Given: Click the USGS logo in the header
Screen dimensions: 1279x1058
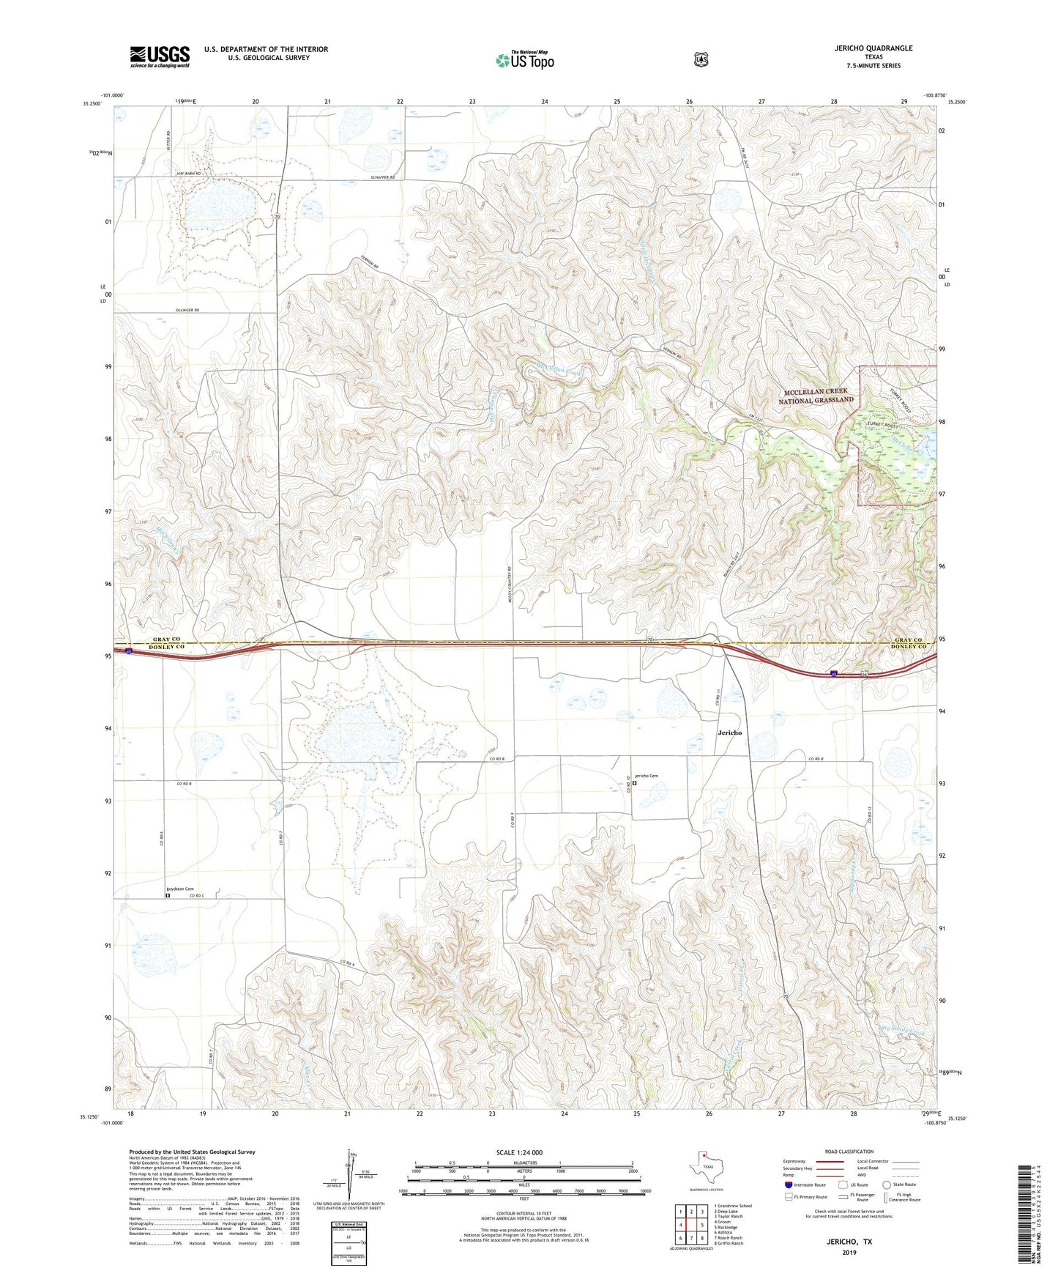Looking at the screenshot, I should (x=160, y=56).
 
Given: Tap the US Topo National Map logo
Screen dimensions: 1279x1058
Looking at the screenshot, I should (x=524, y=59).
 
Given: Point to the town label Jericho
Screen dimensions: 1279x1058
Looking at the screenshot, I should (x=729, y=733).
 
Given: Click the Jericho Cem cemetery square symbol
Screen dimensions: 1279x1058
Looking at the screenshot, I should (x=635, y=782).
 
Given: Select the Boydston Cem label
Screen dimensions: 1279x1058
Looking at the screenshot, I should (x=179, y=889).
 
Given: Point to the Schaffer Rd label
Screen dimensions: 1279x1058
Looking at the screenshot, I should (x=382, y=177).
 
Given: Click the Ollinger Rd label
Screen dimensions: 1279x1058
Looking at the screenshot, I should (x=187, y=311).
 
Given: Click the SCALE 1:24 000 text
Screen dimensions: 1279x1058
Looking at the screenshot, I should (x=519, y=1152).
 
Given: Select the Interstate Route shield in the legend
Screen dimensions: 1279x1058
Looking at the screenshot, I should (x=788, y=1184).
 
